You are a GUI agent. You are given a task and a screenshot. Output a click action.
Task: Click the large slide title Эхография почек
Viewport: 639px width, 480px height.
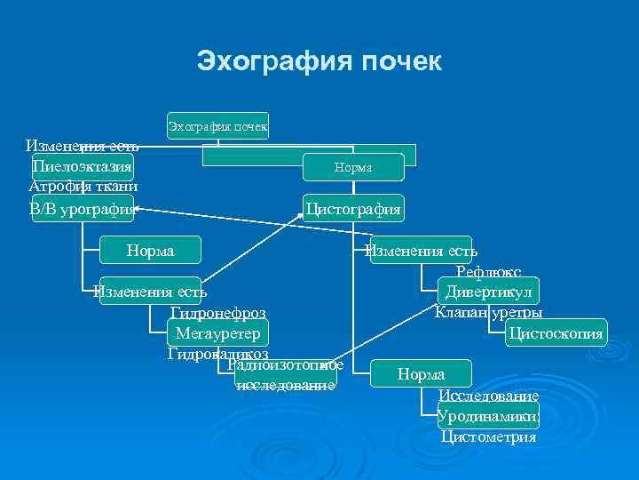point(319,62)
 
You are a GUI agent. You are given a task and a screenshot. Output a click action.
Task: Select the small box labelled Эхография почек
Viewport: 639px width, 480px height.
point(217,126)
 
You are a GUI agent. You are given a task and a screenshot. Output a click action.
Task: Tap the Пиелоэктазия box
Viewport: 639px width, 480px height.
point(83,166)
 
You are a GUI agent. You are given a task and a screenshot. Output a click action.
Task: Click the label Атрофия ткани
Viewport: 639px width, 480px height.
point(83,187)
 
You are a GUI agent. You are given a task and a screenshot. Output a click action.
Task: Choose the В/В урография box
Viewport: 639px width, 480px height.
point(83,209)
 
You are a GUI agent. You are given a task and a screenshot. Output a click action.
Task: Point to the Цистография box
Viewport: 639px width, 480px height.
point(353,210)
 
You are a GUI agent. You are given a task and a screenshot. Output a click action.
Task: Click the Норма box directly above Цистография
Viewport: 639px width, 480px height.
point(353,167)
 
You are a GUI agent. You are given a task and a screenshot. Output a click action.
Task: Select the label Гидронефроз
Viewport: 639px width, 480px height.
point(217,314)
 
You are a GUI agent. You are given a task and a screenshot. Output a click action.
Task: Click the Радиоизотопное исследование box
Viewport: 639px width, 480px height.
point(286,375)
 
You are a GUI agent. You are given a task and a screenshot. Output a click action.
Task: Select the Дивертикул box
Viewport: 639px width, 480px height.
point(488,292)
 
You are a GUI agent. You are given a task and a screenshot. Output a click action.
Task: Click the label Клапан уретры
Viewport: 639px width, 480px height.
point(488,313)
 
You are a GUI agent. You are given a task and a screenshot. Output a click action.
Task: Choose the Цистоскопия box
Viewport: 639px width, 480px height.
point(555,334)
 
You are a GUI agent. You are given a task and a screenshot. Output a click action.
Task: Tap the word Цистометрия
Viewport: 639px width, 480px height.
point(488,436)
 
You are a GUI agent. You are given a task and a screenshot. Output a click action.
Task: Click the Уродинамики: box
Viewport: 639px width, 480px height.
point(488,416)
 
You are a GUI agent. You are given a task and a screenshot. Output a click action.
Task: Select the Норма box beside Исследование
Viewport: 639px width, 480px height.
point(422,375)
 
